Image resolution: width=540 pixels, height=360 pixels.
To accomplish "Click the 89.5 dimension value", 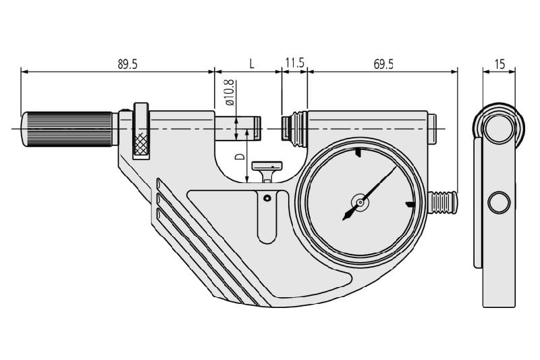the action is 128,64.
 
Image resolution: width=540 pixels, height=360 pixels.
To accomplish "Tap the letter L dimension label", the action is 252,63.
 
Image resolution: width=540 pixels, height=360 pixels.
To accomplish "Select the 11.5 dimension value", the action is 295,63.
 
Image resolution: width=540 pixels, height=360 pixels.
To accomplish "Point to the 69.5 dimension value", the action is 383,64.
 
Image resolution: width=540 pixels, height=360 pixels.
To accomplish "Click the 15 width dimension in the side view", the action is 500,64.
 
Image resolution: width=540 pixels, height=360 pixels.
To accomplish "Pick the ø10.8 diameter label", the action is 230,93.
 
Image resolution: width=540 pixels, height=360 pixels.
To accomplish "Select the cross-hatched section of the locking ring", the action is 142,143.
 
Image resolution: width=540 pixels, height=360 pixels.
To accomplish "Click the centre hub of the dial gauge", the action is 360,203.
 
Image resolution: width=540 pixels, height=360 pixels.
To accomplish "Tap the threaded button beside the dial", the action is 443,202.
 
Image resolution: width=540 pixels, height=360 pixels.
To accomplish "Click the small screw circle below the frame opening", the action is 267,198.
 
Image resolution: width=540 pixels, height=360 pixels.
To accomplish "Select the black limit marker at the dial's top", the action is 358,153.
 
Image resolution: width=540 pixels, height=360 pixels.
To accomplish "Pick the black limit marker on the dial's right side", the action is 410,205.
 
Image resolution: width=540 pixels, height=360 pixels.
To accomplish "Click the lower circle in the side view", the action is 498,202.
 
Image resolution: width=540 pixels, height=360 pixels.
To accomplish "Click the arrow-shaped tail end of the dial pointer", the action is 348,214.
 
